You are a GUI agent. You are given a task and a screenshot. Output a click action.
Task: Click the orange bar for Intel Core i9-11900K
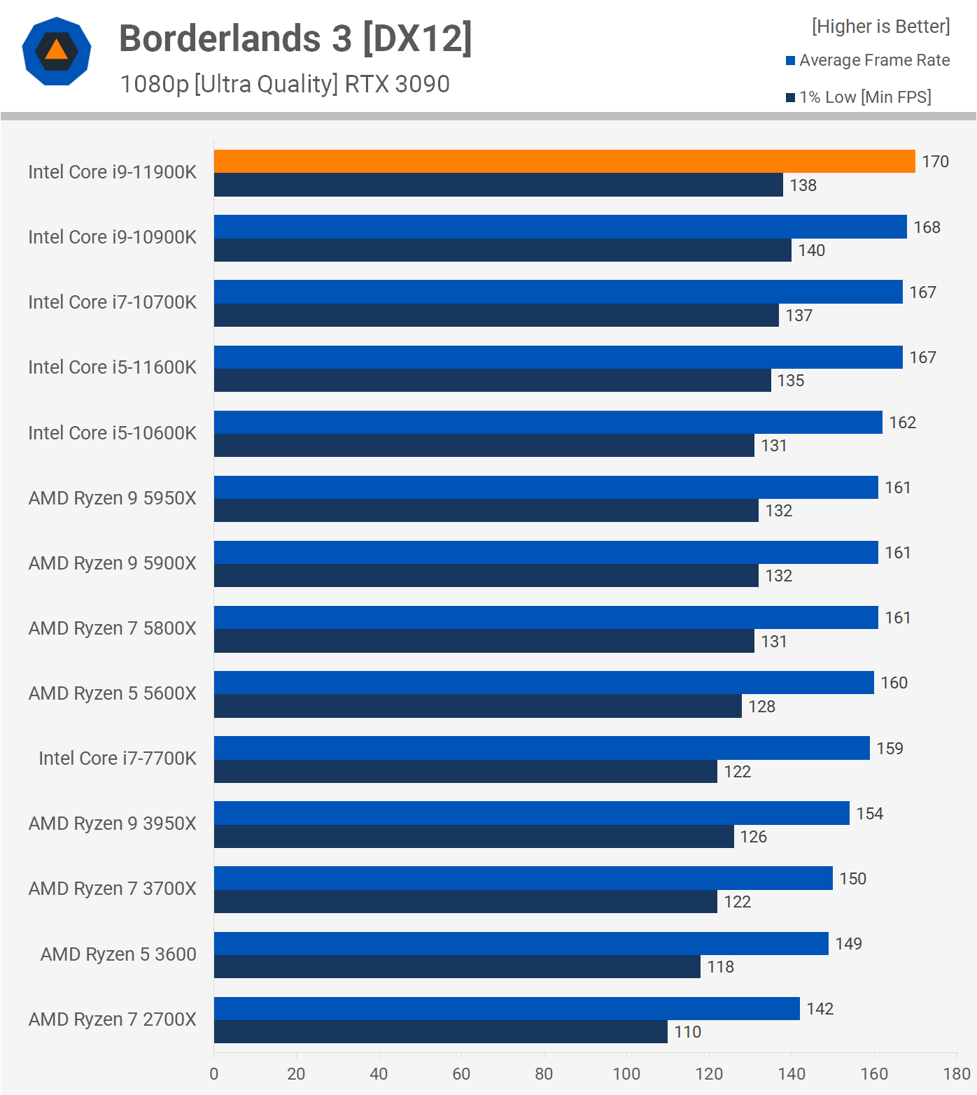click(x=564, y=162)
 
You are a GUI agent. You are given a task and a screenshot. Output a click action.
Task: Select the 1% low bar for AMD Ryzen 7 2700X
click(x=441, y=1032)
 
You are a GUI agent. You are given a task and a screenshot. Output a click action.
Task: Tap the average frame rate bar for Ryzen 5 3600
click(x=521, y=944)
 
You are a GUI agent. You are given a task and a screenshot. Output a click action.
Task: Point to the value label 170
click(x=935, y=162)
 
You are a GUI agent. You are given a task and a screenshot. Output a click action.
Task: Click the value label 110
click(x=687, y=1032)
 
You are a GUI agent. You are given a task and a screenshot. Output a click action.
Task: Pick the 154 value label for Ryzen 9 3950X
click(x=869, y=814)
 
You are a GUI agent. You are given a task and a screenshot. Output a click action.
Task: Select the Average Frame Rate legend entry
click(x=874, y=60)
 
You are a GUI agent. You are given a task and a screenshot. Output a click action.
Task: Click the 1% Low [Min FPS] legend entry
click(x=865, y=97)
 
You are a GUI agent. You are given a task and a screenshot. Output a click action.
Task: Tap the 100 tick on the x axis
click(x=626, y=1074)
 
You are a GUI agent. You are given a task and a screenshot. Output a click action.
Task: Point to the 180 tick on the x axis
click(x=956, y=1074)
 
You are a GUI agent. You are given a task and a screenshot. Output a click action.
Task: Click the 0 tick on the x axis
click(x=214, y=1074)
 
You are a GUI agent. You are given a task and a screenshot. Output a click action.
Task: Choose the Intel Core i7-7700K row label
click(x=118, y=758)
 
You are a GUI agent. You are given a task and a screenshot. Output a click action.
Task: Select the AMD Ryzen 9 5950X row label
click(x=113, y=498)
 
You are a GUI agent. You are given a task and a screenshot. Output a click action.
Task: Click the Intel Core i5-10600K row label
click(x=113, y=433)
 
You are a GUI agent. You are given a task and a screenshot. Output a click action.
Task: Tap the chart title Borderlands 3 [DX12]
click(x=295, y=38)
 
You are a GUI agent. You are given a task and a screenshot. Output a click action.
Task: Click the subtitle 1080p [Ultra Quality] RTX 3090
click(x=285, y=84)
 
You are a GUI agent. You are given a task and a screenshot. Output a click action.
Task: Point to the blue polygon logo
click(x=57, y=51)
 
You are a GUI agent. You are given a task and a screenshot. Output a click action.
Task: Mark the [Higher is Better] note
click(x=880, y=27)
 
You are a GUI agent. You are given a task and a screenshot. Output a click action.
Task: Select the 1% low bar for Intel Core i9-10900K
click(x=502, y=250)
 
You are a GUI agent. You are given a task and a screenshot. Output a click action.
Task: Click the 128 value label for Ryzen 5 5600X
click(x=761, y=707)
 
